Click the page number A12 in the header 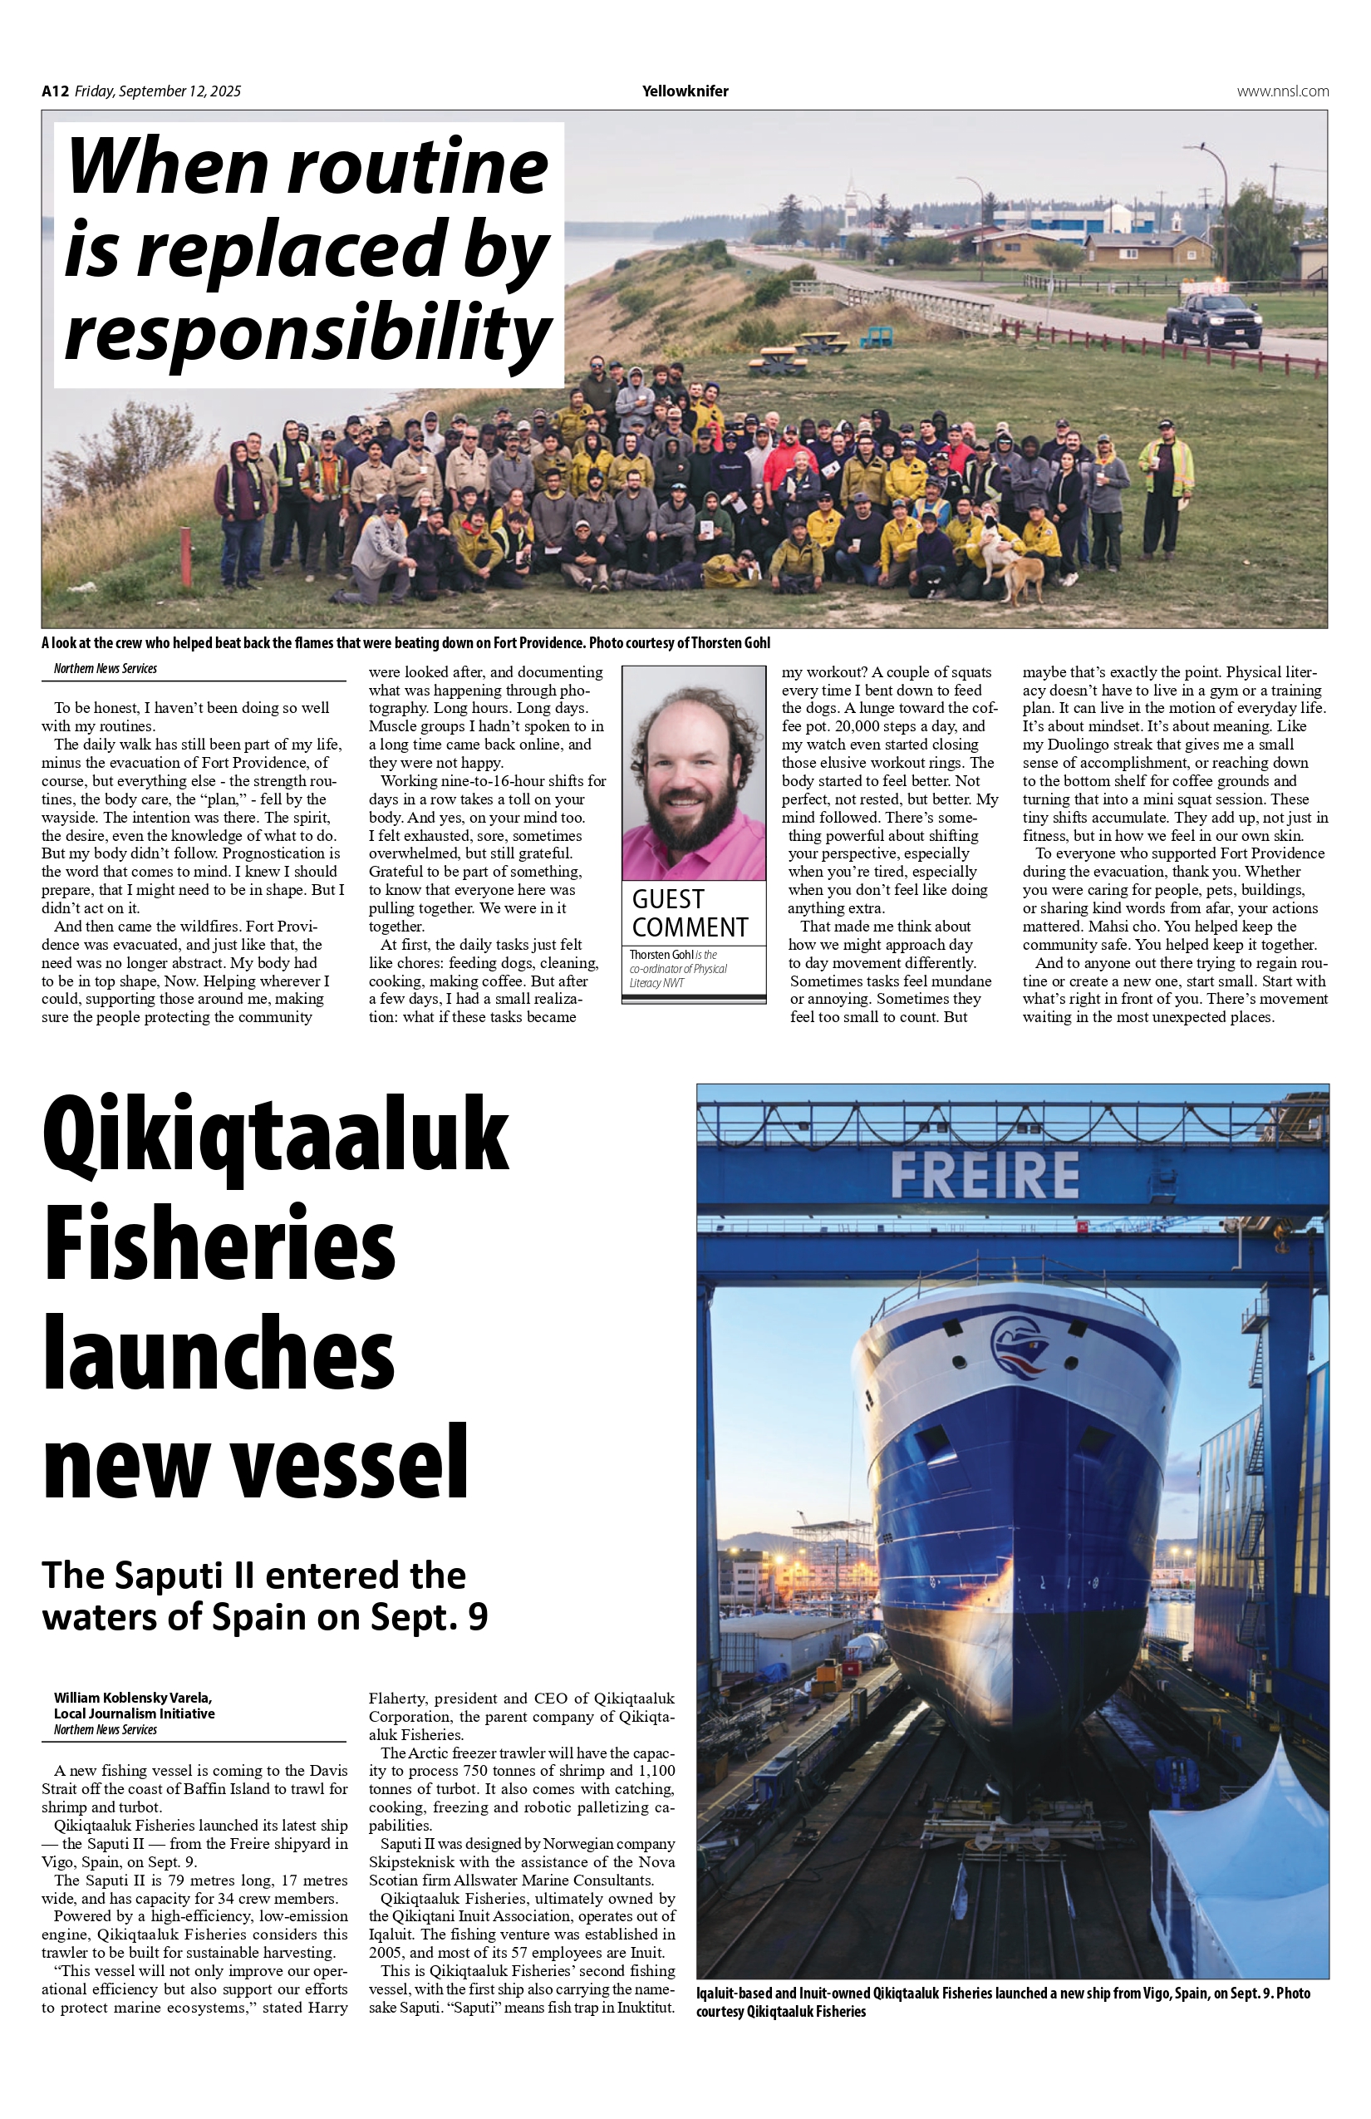(55, 91)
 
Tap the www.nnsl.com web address (1282, 91)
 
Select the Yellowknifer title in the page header (685, 91)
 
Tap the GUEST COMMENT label (689, 912)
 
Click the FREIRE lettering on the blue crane (984, 1175)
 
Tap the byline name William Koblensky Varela (133, 1698)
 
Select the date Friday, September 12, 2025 (158, 91)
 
